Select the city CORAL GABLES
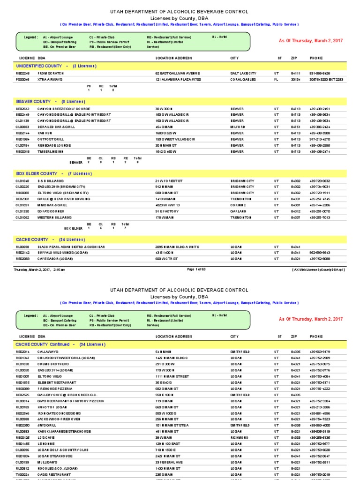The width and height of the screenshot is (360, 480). click(243, 80)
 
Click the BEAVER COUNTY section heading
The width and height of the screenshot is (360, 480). click(51, 102)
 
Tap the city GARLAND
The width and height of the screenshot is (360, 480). click(238, 211)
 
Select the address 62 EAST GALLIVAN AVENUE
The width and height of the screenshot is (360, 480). click(178, 74)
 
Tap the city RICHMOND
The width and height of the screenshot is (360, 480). click(239, 437)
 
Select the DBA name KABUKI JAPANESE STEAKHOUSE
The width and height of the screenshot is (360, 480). click(64, 431)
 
